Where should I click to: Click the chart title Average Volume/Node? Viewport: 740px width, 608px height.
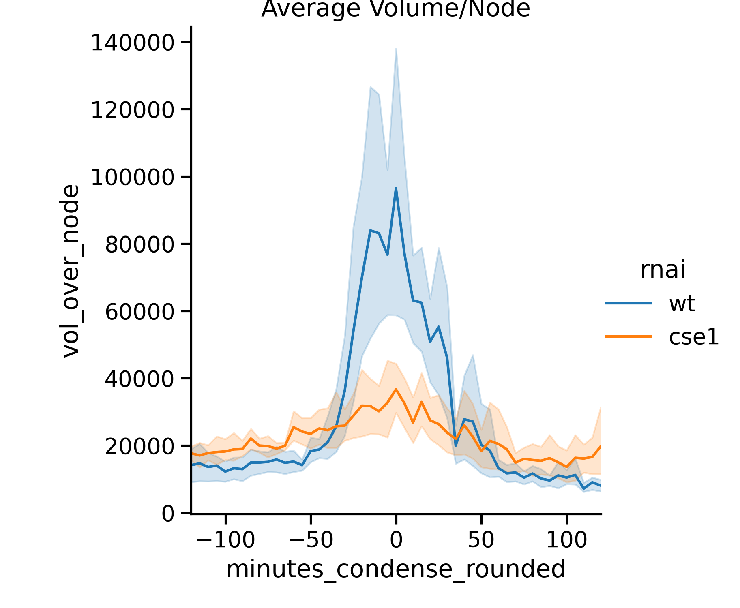pyautogui.click(x=395, y=9)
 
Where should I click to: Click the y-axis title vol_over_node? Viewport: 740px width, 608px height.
pyautogui.click(x=71, y=271)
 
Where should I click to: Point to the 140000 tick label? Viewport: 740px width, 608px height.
pyautogui.click(x=133, y=43)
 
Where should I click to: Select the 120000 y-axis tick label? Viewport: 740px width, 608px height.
pyautogui.click(x=133, y=110)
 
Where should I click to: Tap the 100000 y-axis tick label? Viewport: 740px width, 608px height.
pyautogui.click(x=133, y=178)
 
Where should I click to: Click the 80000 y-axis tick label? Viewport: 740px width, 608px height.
pyautogui.click(x=140, y=245)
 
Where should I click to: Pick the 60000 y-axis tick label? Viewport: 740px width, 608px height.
pyautogui.click(x=140, y=312)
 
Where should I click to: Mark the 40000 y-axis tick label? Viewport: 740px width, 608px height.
pyautogui.click(x=140, y=379)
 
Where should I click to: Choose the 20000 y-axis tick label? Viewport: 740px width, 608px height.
pyautogui.click(x=140, y=447)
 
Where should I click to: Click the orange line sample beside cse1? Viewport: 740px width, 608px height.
pyautogui.click(x=628, y=336)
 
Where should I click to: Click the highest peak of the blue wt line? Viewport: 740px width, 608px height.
pyautogui.click(x=396, y=188)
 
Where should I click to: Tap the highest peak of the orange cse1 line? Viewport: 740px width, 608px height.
pyautogui.click(x=396, y=389)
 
